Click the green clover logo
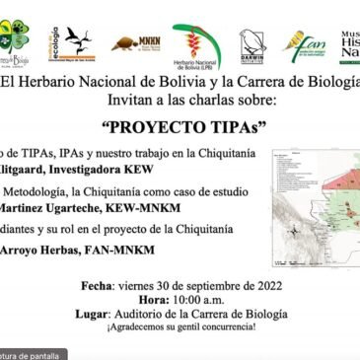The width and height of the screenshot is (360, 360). coord(15,38)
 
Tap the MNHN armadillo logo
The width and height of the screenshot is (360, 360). coord(135,42)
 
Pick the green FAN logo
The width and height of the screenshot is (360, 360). coord(304,44)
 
